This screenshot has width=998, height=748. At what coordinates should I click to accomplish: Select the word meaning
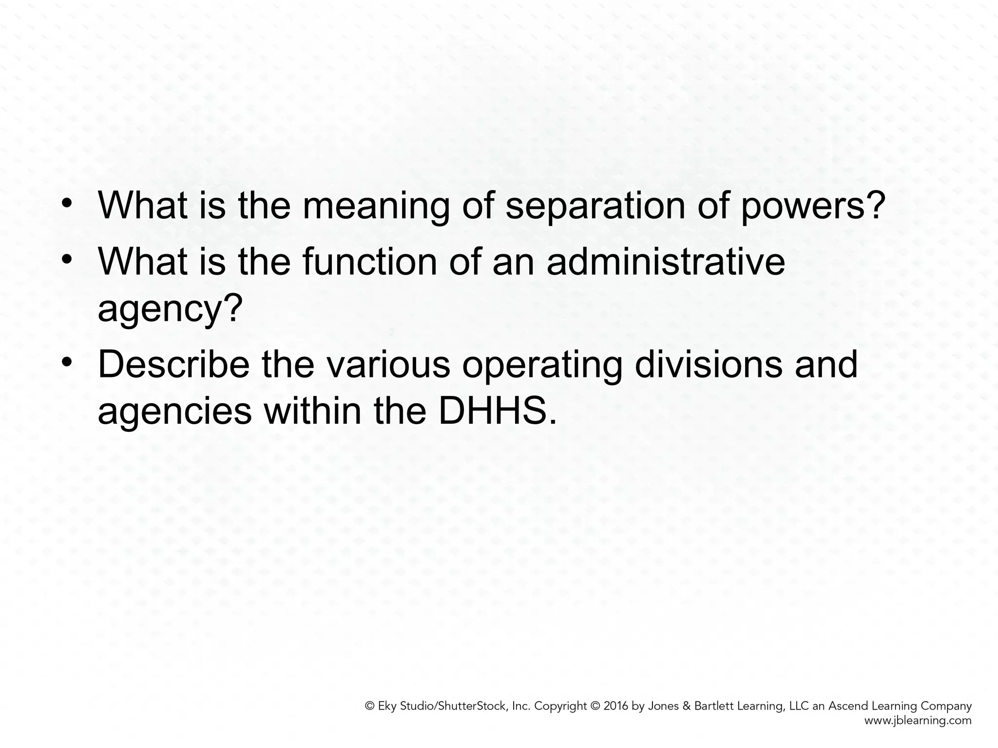tap(376, 206)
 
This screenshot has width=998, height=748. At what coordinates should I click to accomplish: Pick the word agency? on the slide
tap(170, 310)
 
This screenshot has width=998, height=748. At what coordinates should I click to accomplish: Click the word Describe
tap(173, 365)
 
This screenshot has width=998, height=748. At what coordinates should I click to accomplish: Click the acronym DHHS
tap(497, 411)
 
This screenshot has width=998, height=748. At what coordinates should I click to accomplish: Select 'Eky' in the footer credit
tap(387, 707)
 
